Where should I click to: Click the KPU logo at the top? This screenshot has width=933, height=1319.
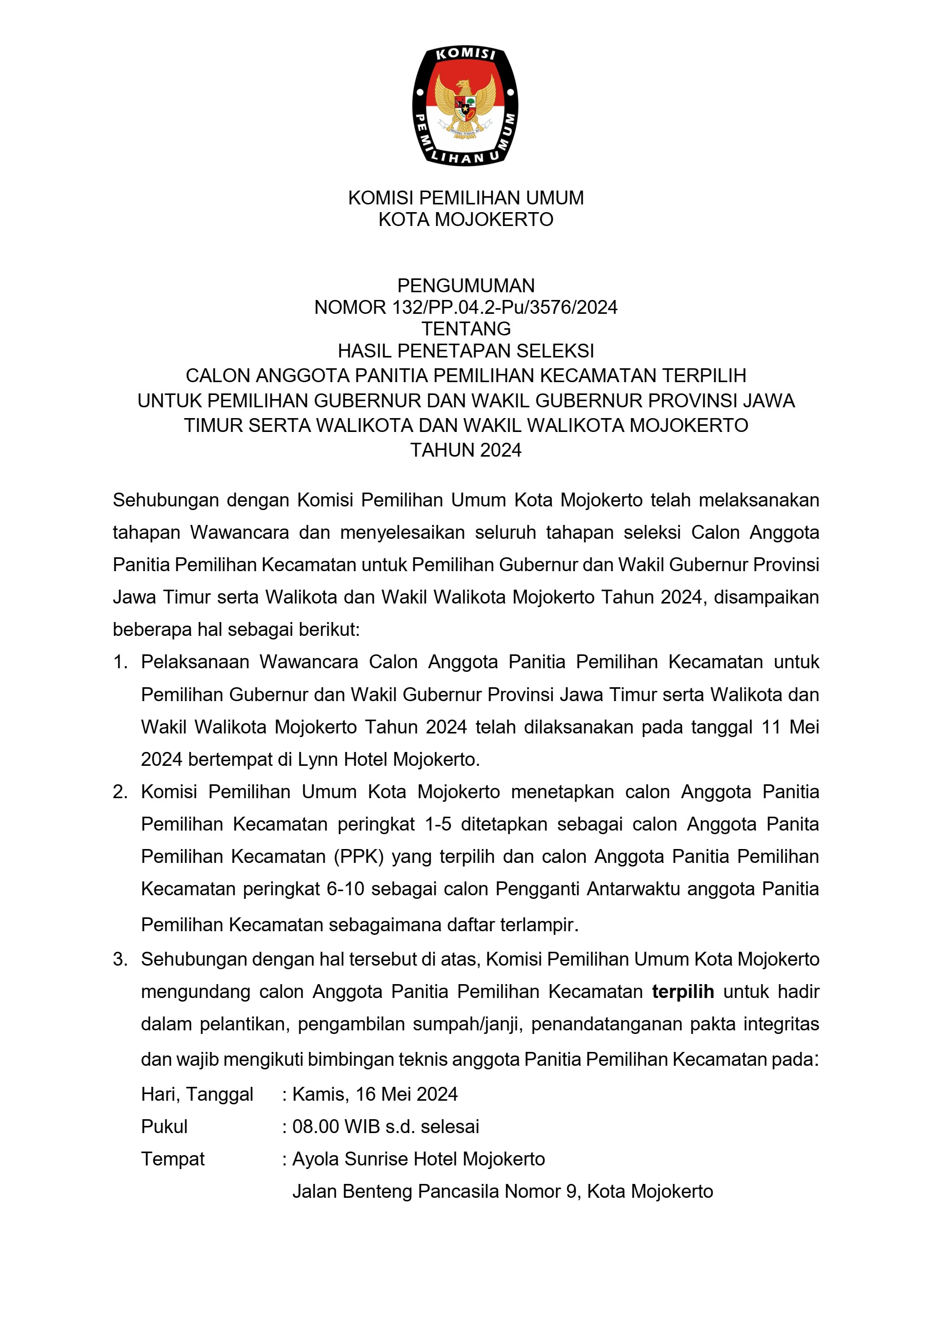(465, 106)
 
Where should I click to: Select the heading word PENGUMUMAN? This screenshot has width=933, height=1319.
(466, 286)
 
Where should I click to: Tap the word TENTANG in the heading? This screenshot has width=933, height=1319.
(466, 329)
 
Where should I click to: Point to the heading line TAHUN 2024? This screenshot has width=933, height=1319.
(466, 450)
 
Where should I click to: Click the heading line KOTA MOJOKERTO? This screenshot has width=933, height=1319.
(466, 219)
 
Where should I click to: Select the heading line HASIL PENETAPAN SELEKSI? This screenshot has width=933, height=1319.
(466, 350)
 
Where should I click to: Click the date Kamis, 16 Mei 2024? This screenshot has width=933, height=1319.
(375, 1095)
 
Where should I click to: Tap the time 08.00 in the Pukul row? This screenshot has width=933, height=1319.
(315, 1126)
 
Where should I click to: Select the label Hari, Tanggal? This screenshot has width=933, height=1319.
(197, 1095)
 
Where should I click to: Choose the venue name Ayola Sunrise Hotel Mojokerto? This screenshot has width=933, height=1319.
(419, 1159)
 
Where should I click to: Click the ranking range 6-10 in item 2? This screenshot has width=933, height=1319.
(345, 889)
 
